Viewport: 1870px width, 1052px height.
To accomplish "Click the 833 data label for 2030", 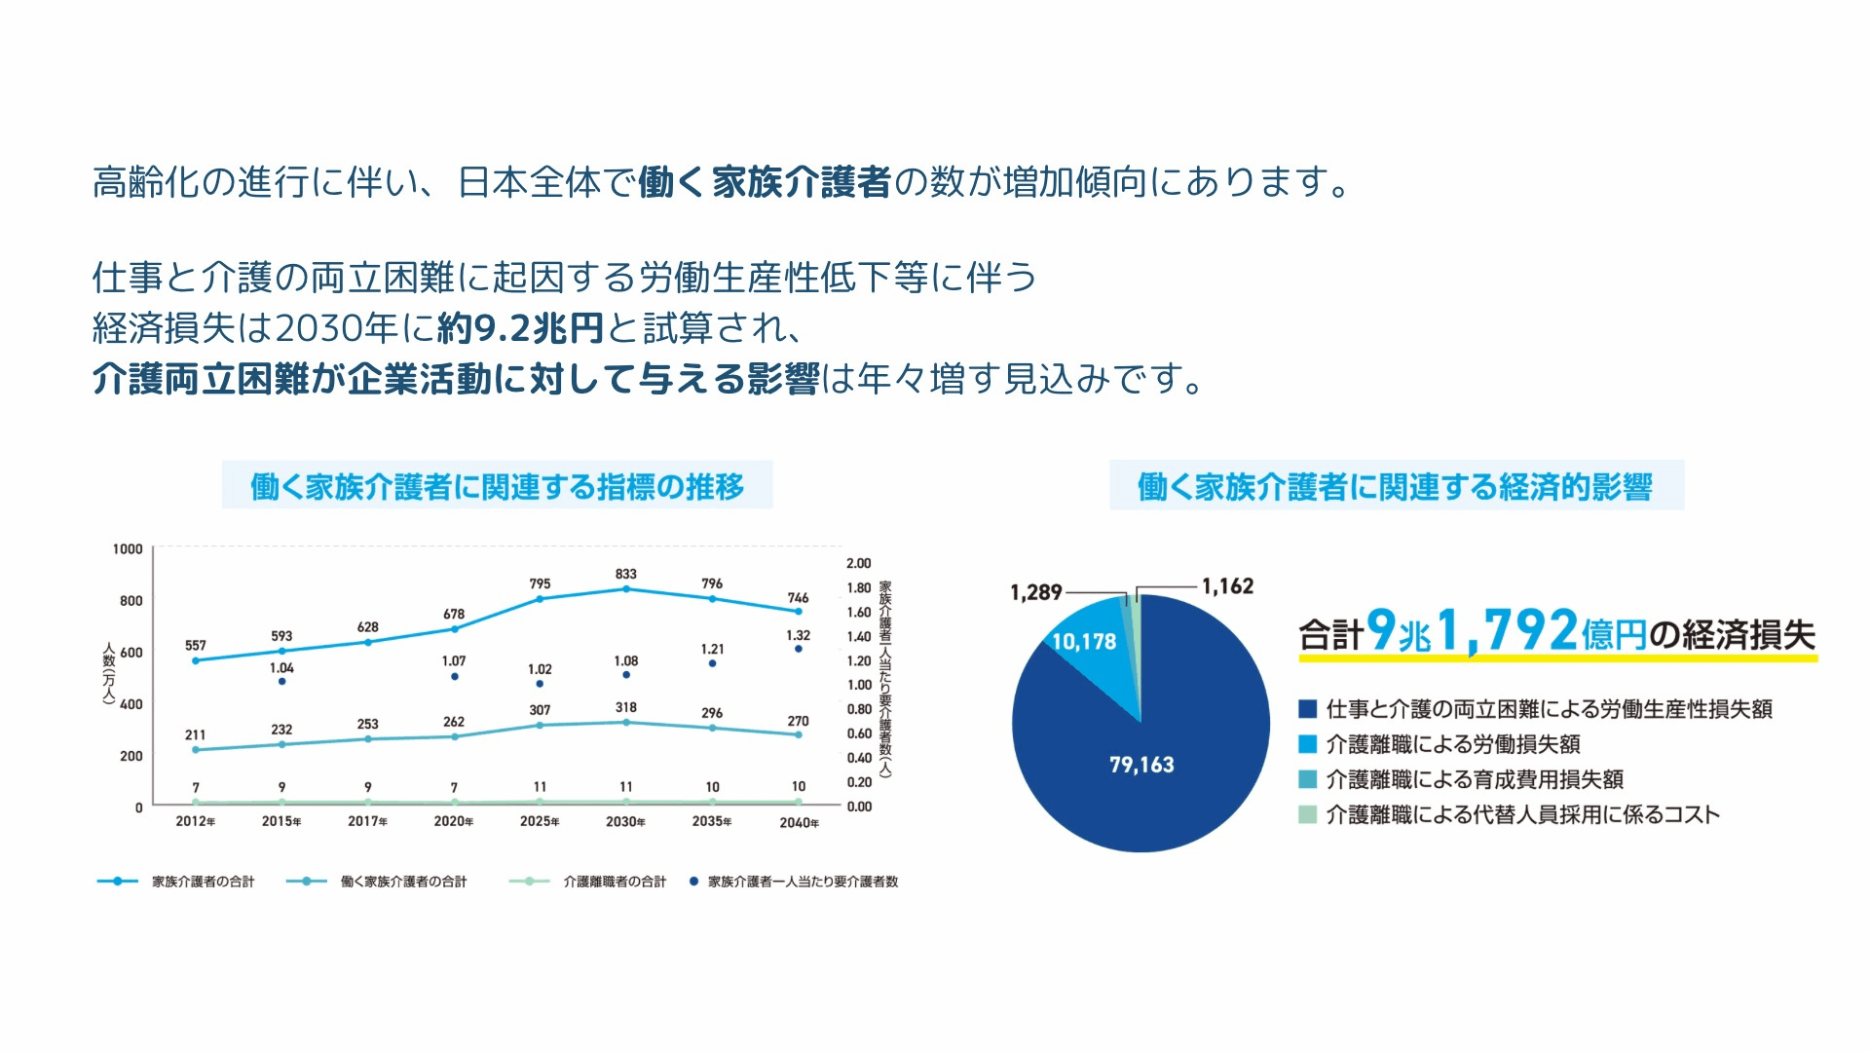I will pos(625,574).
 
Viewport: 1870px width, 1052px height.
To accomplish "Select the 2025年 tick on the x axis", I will pos(540,821).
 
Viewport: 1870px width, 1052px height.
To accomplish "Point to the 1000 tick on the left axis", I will pos(128,549).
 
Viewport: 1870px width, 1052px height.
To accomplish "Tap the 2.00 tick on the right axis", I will pos(858,563).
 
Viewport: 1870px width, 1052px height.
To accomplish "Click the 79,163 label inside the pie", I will pos(1141,765).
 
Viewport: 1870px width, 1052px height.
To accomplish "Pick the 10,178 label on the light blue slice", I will pos(1084,642).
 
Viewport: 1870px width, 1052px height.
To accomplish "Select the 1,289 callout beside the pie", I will pos(1035,592).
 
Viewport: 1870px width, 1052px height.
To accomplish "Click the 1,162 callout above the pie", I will pos(1227,586).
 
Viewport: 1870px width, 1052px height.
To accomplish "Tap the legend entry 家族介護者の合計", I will pos(203,882).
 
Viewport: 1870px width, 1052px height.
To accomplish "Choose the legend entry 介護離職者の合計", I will pos(615,882).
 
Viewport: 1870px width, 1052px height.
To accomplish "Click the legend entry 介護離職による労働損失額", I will pos(1452,744).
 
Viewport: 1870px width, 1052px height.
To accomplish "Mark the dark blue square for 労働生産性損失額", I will pos(1308,709).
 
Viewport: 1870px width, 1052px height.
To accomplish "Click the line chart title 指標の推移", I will pos(497,486).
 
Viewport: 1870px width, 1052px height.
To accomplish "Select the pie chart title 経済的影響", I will pos(1395,487).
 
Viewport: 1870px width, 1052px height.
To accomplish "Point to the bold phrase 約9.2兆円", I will pos(520,328).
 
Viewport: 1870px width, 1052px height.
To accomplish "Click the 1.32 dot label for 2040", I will pos(798,635).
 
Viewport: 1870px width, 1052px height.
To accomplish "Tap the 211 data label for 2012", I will pos(195,734).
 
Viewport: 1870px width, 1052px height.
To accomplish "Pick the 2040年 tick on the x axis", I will pos(799,823).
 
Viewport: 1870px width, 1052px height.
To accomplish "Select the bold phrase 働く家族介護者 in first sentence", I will pos(764,182).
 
